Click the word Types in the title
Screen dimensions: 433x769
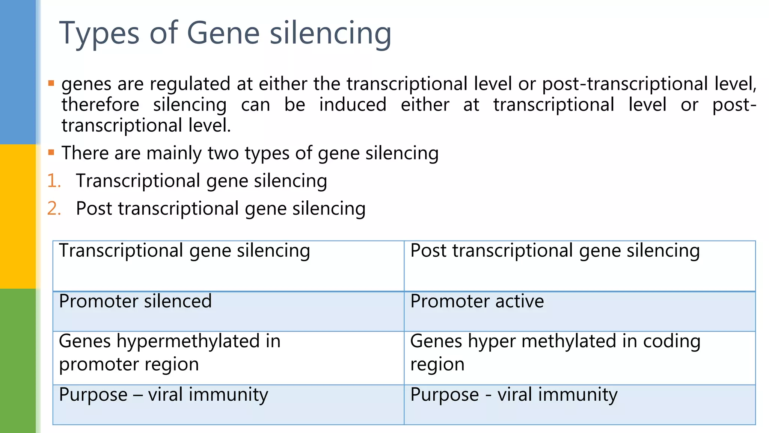point(99,34)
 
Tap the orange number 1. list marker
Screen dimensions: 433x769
point(54,181)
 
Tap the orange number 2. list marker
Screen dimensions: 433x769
point(54,209)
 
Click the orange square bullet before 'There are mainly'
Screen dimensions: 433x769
point(51,153)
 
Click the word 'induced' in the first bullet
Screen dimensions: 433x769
point(353,104)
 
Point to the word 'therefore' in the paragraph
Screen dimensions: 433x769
point(100,104)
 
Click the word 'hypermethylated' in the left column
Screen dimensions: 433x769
point(188,341)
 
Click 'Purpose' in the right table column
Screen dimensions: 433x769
point(444,395)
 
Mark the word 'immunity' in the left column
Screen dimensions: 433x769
point(228,395)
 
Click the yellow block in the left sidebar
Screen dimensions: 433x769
point(18,216)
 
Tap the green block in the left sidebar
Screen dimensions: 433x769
point(18,361)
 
